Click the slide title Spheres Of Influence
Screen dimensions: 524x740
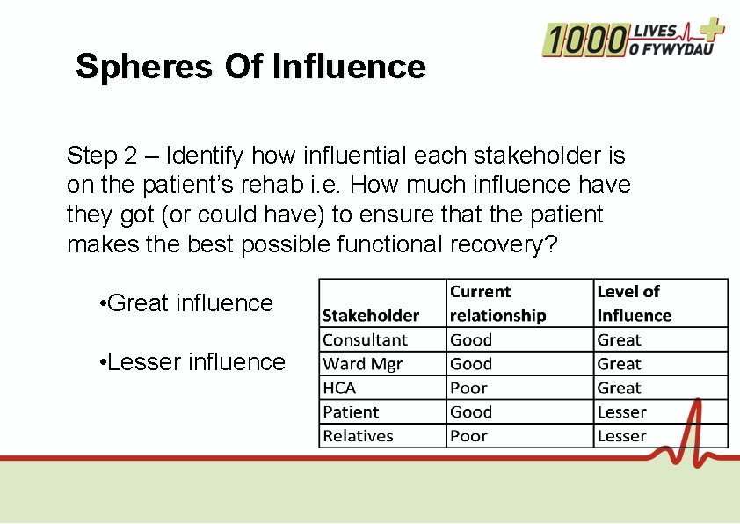click(250, 67)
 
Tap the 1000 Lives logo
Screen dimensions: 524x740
click(633, 39)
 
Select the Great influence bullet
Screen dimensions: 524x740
click(188, 303)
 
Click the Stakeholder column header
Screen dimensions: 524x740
click(370, 315)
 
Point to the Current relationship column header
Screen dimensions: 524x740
click(497, 303)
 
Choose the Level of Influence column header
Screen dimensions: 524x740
click(634, 303)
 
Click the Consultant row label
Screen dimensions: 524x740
click(365, 340)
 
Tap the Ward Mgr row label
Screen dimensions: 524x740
click(362, 364)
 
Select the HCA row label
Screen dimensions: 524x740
click(339, 388)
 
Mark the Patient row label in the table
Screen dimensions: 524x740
click(351, 412)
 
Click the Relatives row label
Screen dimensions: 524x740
click(358, 436)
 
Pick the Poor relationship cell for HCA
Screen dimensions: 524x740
click(468, 388)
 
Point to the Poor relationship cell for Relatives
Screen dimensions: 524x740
click(468, 436)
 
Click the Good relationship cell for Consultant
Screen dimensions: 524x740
click(471, 340)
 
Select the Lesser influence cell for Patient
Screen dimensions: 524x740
click(621, 412)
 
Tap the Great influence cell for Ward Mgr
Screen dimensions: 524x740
click(620, 364)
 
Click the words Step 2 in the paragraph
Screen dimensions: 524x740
click(102, 156)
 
